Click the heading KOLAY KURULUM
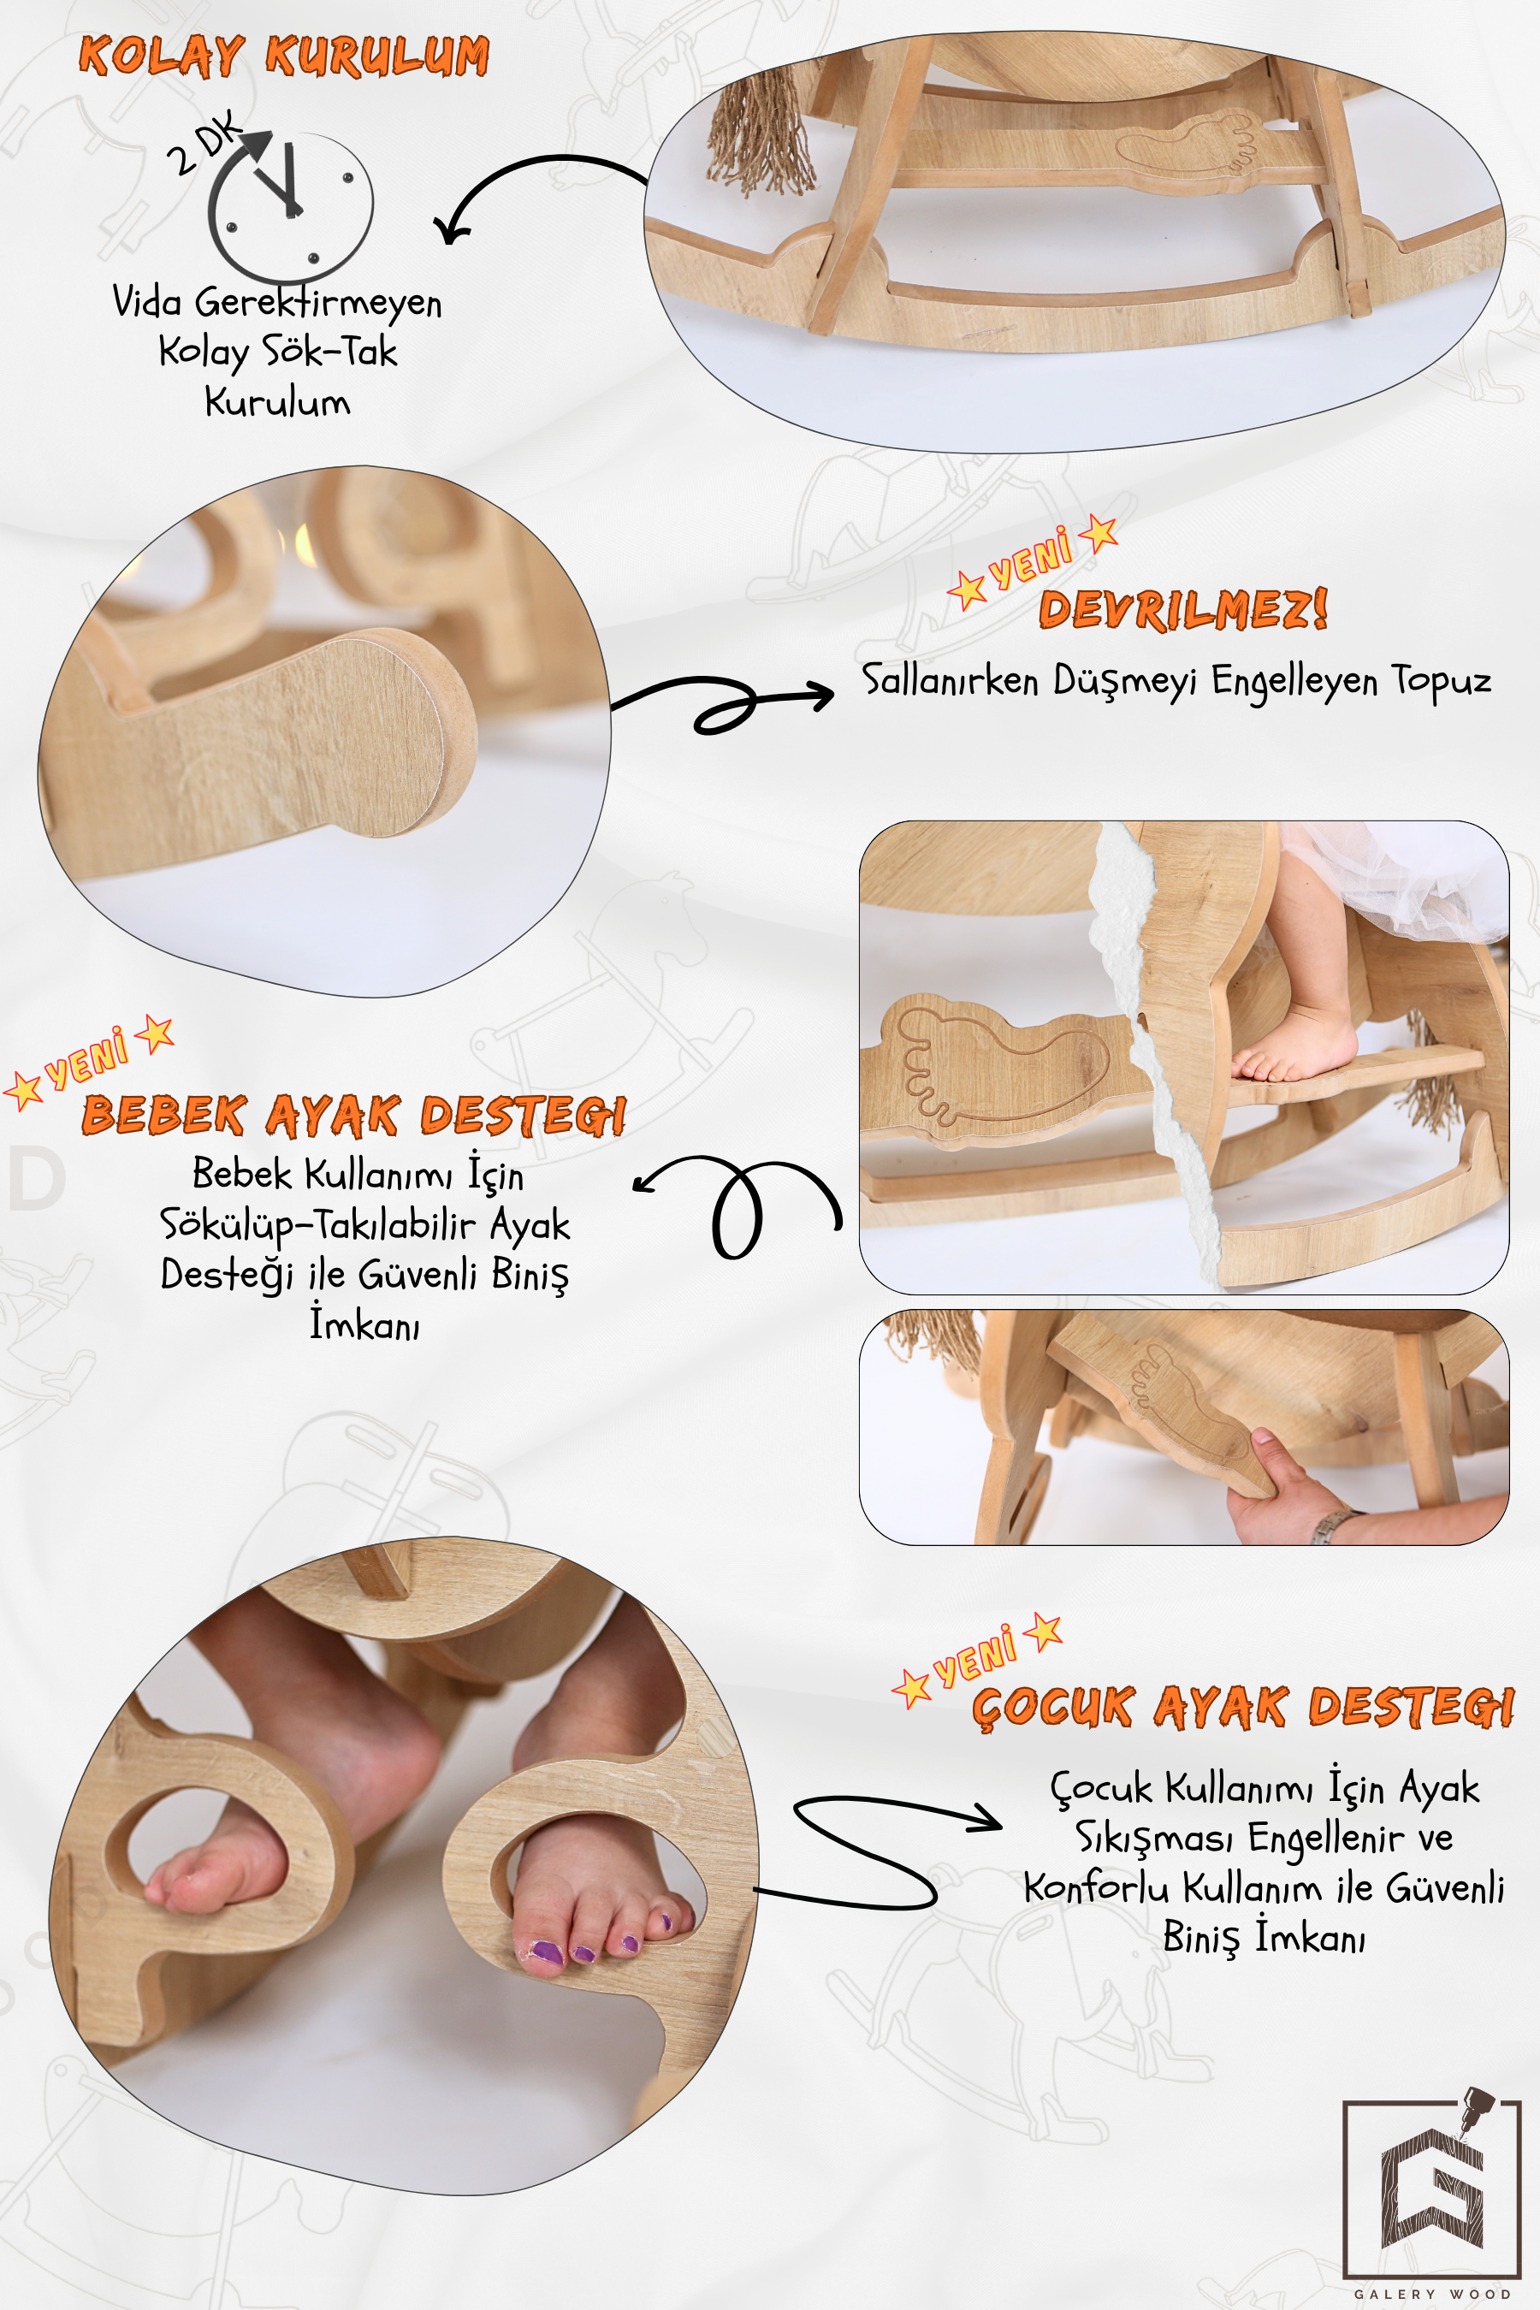click(284, 56)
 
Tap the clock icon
click(290, 205)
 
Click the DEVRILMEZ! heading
click(1183, 609)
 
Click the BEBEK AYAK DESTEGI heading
click(354, 1115)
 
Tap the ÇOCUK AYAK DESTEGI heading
click(1243, 1706)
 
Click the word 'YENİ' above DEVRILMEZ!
click(1030, 557)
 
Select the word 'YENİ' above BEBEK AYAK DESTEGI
click(86, 1059)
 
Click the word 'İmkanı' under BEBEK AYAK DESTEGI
click(364, 1323)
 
